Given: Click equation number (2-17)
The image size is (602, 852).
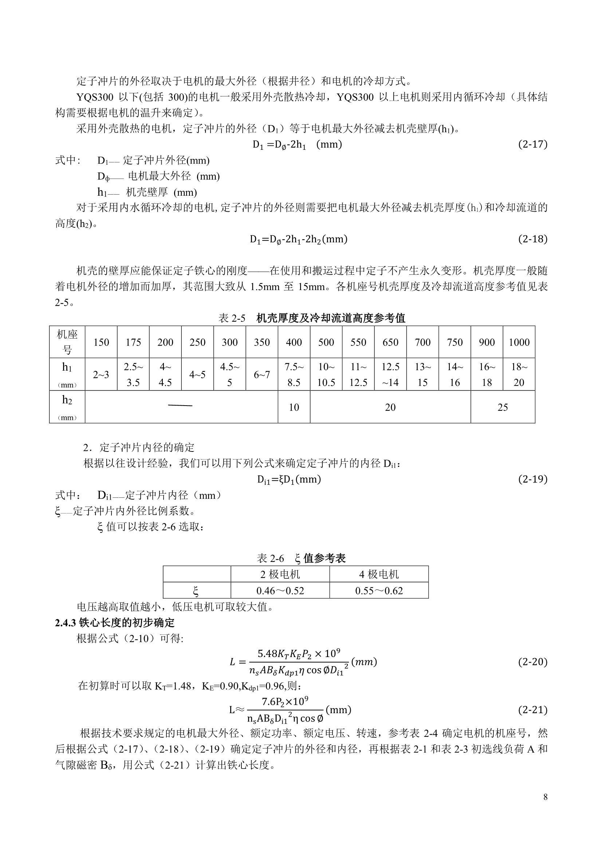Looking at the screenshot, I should pos(532,144).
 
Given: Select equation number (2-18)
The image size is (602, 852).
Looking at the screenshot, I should pos(532,239).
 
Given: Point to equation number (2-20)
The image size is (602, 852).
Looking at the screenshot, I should pos(532,662).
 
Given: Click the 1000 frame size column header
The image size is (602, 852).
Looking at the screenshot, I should pos(519,342).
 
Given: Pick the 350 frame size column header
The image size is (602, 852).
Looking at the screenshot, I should pos(261,342).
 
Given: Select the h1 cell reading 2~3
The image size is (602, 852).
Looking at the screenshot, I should pos(101,374).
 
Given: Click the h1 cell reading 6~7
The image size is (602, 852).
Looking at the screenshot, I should pos(261,374).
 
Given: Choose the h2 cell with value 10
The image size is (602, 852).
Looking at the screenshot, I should pos(294,407).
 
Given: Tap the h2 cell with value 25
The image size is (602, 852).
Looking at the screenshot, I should pos(503,407).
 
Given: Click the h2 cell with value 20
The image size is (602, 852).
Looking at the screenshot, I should pos(390,407).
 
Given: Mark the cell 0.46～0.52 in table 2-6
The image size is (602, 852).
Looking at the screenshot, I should pos(280,591).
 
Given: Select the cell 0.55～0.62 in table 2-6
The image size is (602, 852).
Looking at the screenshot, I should pos(379,591).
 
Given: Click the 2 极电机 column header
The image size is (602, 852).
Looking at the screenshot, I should pos(280,574).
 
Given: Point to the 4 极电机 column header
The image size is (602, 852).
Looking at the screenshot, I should pos(379,574).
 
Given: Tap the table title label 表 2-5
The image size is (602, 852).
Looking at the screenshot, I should pos(232,318).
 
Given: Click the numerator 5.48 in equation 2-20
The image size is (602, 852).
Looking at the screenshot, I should pos(267,653).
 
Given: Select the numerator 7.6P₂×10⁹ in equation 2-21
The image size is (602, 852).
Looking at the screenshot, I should pos(285,701).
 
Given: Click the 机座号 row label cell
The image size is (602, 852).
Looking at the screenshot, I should pos(67,342).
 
